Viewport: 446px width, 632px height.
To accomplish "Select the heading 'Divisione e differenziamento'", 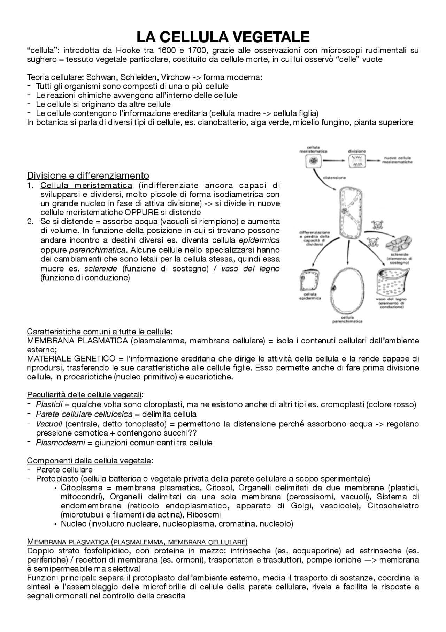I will [88, 175].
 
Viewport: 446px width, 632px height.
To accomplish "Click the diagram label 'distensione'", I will [335, 178].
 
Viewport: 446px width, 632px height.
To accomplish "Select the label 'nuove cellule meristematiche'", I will [397, 160].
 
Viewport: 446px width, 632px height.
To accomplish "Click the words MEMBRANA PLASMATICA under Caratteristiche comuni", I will [77, 341].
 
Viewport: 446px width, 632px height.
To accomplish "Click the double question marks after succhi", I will [193, 433].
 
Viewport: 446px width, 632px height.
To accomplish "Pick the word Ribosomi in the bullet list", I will [204, 515].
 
